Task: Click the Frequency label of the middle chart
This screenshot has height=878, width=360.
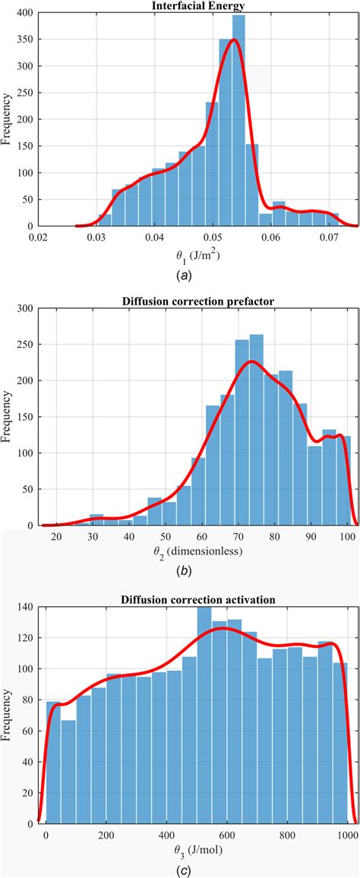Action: tap(8, 416)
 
